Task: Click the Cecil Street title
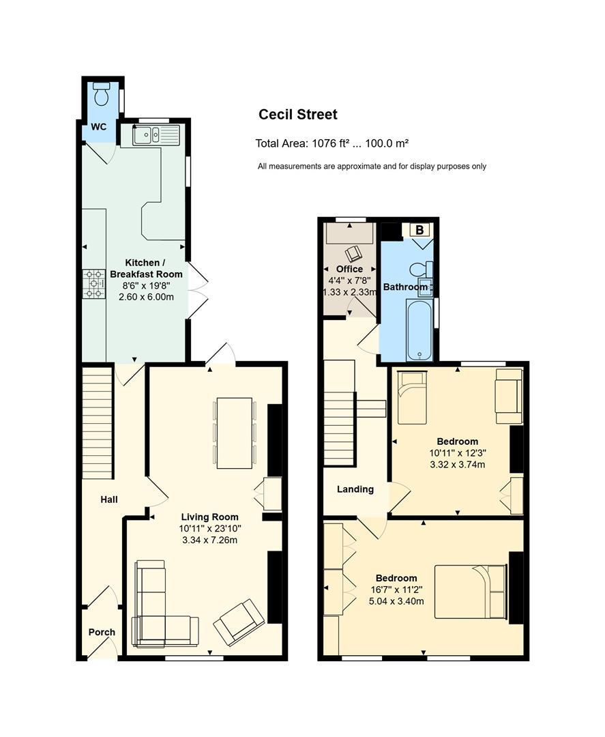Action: pos(298,114)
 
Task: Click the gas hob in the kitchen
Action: pos(94,283)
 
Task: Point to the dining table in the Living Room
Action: pos(235,433)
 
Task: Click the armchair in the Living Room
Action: pos(239,622)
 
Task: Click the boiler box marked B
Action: pos(419,230)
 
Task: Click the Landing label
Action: pos(355,489)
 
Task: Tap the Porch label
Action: pos(102,632)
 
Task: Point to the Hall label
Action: pos(109,499)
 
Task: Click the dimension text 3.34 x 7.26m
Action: pos(209,540)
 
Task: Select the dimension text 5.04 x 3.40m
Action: pos(396,601)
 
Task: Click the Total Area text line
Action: pos(331,143)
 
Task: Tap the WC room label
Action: pos(99,126)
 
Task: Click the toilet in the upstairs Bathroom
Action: pos(417,270)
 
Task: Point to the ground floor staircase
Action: pos(98,422)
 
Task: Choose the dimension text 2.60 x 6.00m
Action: pos(146,297)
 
